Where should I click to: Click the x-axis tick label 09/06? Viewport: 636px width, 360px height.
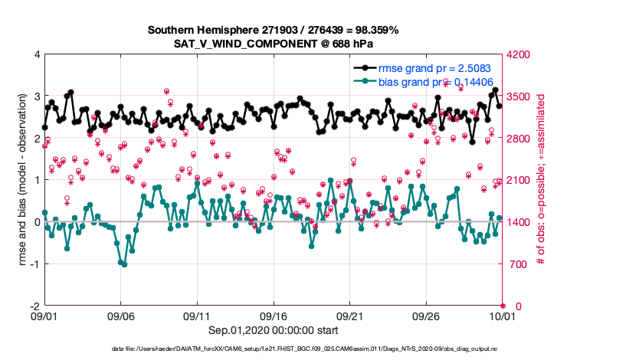(x=121, y=315)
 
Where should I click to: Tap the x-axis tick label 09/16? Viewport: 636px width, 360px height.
(x=274, y=315)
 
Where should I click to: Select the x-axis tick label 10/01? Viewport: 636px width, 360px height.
(x=502, y=315)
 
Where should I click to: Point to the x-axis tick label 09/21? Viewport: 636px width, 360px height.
(x=350, y=315)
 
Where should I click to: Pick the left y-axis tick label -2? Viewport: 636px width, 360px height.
(x=34, y=306)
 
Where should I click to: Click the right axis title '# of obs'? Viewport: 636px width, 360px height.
(x=540, y=181)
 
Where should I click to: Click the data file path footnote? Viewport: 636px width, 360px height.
(x=274, y=349)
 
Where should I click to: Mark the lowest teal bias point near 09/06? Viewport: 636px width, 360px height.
(x=124, y=264)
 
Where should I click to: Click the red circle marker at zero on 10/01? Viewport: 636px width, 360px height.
(x=503, y=306)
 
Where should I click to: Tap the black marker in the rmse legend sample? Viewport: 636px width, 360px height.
(x=369, y=69)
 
